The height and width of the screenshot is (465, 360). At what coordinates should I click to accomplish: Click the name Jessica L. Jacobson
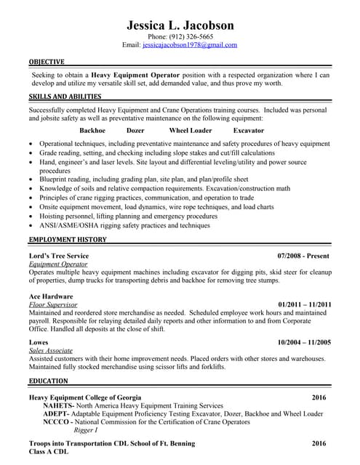point(180,25)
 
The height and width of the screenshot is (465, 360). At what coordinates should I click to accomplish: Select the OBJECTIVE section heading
point(47,62)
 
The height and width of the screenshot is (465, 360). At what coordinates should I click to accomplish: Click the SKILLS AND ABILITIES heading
point(64,97)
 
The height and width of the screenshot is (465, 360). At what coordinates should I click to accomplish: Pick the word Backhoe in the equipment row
point(92,131)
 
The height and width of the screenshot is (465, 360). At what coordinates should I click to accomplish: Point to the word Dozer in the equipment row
point(135,131)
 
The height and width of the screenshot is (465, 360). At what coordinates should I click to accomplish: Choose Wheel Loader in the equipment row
point(191,131)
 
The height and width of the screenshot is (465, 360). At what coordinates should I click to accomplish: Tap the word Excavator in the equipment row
point(249,131)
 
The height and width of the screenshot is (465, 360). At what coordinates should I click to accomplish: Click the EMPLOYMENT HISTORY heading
point(68,239)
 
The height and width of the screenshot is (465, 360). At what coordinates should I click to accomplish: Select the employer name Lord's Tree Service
point(58,256)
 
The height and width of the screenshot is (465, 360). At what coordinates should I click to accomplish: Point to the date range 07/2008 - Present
point(304,256)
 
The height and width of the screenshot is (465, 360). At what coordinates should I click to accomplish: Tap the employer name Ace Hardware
point(51,296)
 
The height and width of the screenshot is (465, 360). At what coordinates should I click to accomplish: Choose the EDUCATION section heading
point(49,381)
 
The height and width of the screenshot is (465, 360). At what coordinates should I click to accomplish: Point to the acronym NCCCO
point(56,421)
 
